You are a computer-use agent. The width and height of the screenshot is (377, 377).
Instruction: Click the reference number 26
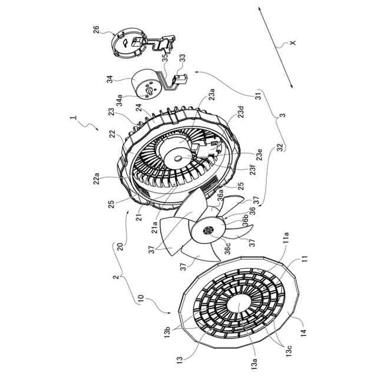point(96,30)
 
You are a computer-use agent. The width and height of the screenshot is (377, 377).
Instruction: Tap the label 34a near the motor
point(119,100)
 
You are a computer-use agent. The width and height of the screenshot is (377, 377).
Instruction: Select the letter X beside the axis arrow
point(293,42)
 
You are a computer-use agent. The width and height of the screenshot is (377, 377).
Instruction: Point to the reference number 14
point(304,333)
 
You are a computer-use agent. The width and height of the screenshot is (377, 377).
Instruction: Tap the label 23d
point(241,111)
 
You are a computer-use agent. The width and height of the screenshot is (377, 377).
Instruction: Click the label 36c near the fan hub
point(227,248)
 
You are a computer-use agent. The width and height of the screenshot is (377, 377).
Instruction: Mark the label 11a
point(286,238)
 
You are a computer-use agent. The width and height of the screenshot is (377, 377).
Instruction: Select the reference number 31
point(258,95)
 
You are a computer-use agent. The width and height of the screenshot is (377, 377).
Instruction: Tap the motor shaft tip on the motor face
point(149,92)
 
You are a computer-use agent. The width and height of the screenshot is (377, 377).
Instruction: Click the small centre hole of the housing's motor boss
point(178,158)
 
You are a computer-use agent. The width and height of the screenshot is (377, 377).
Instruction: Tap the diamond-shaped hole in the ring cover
point(126,43)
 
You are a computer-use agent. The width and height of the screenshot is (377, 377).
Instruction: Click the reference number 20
point(120,247)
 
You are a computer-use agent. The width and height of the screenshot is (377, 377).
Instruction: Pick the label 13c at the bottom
point(289,351)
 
